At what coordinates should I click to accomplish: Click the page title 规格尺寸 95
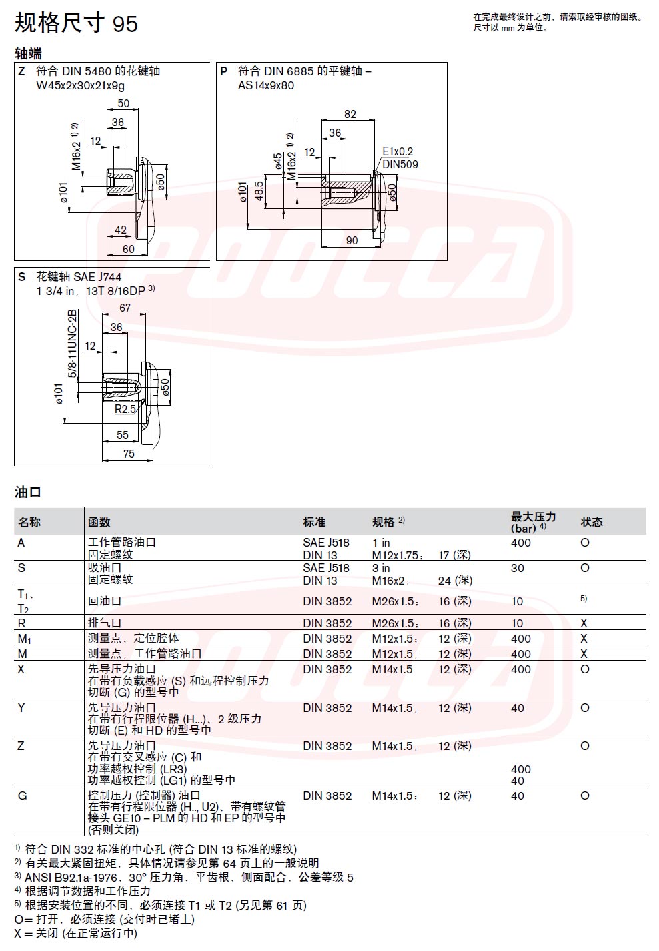coord(77,23)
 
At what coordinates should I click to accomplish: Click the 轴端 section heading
coord(28,54)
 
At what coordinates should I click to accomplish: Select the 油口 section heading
coord(27,493)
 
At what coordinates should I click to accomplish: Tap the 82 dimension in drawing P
coord(350,114)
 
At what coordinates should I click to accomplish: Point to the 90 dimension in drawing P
coord(352,240)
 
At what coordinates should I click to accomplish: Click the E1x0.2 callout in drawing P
coord(398,151)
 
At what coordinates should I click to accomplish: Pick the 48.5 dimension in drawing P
coord(259,191)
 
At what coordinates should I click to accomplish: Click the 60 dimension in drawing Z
coord(128,249)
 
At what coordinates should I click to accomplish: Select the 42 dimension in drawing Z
coord(121,230)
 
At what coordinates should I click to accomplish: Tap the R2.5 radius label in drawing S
coord(125,409)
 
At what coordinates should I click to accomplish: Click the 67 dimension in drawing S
coord(125,308)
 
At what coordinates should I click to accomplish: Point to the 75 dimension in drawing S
coord(129,454)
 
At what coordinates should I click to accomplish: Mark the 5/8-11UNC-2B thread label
coord(73,344)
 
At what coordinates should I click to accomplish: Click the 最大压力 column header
coord(533,517)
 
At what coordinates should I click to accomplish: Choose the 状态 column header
coord(592,521)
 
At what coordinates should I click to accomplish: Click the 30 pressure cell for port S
coord(517,568)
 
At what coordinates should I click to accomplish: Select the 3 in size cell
coord(381,568)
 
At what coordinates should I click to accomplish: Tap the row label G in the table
coord(22,796)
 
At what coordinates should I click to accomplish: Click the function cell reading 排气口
coord(105,623)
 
